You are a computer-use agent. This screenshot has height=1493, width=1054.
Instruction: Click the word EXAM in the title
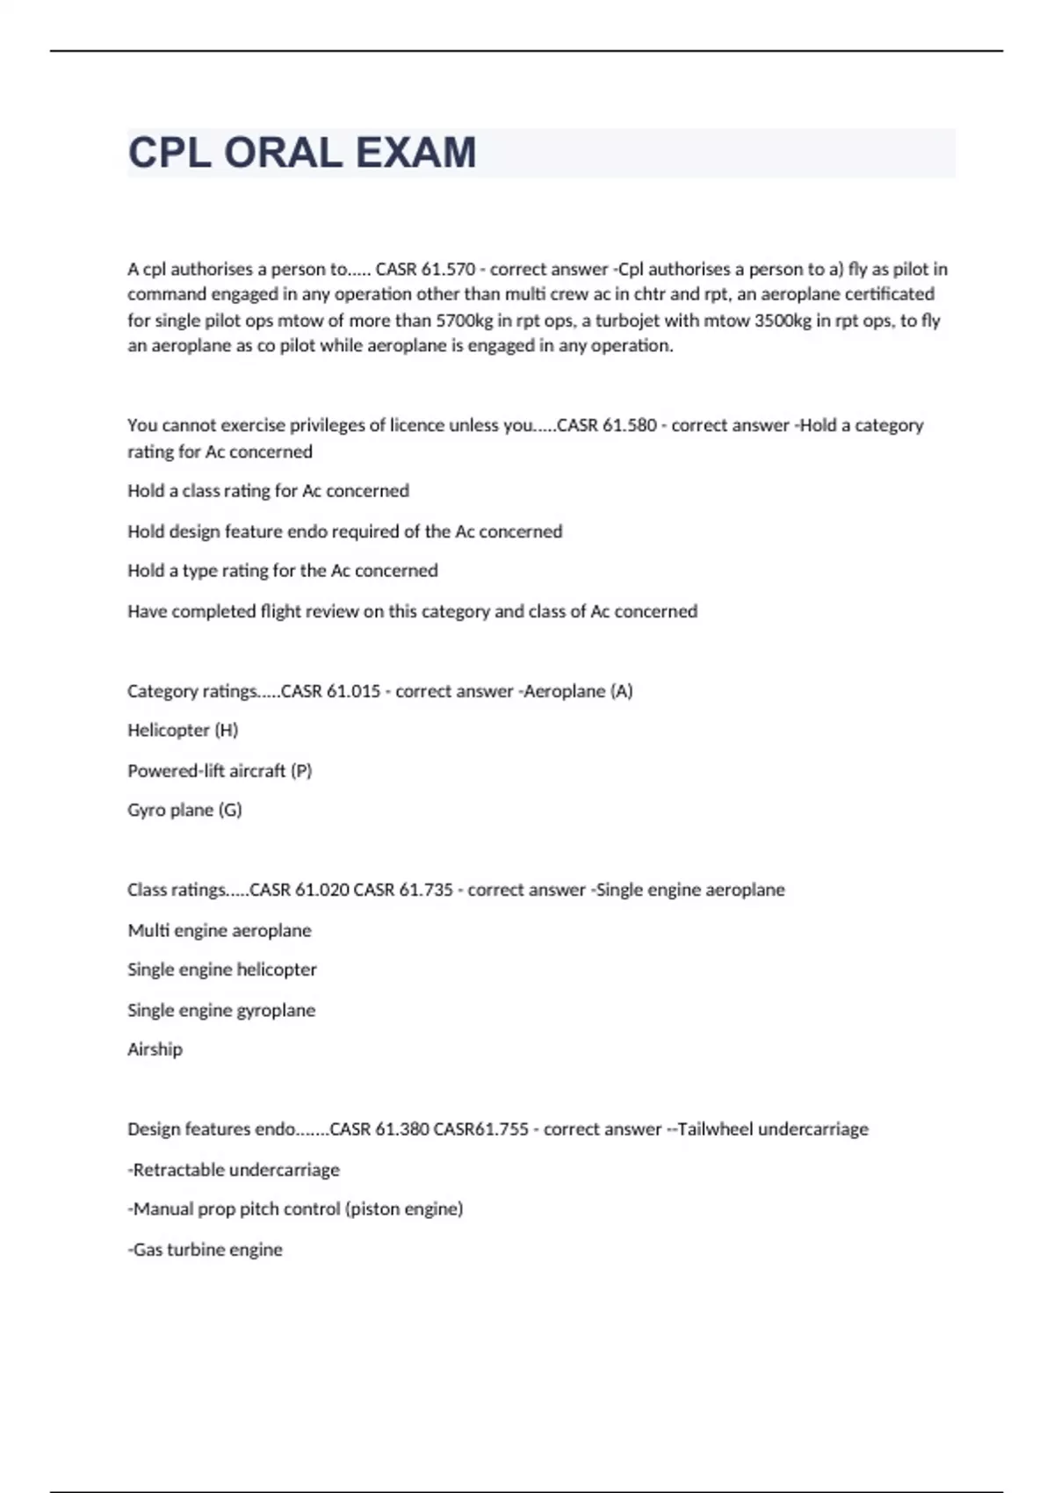[x=415, y=153]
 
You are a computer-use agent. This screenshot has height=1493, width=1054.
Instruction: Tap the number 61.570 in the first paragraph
[x=448, y=269]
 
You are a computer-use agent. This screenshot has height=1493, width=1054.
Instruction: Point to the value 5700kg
[x=465, y=321]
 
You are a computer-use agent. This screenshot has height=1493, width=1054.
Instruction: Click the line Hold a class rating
[x=268, y=491]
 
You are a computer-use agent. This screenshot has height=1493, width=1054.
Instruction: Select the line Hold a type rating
[x=282, y=571]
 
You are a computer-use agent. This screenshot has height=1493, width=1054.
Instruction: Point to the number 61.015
[x=353, y=691]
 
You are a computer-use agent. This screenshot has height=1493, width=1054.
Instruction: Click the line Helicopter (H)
[x=183, y=731]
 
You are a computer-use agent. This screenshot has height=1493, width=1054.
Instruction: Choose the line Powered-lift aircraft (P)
[x=220, y=771]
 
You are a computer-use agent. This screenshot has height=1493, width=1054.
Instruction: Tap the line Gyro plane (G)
[x=184, y=810]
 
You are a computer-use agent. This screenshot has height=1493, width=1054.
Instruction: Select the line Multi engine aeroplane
[x=220, y=930]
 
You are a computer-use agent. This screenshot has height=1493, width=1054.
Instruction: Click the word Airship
[x=155, y=1049]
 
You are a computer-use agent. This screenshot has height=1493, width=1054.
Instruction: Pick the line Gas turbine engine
[x=206, y=1250]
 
